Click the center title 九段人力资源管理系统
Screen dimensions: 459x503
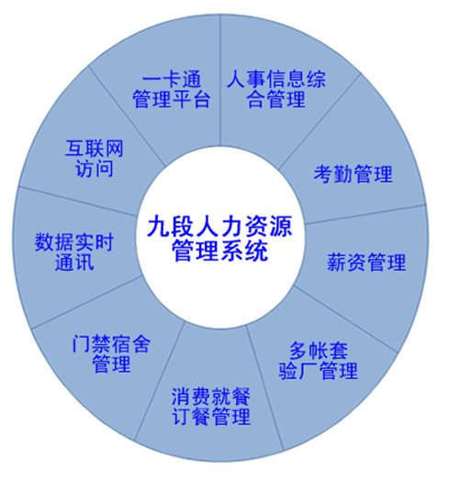[220, 239]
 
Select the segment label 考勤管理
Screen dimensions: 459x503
[353, 174]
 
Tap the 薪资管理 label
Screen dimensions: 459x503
[366, 263]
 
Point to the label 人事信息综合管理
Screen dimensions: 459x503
[276, 89]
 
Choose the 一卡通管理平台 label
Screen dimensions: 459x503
[172, 89]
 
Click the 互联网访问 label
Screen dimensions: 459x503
[95, 158]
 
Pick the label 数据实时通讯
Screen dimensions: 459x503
[74, 251]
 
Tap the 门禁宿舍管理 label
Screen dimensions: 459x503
[111, 353]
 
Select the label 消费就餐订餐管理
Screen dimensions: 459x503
[211, 406]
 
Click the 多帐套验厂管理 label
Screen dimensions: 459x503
[319, 361]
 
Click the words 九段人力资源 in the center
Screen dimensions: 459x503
[220, 227]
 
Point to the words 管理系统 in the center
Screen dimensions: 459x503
[220, 251]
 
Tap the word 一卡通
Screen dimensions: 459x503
[172, 79]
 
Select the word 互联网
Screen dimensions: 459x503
[95, 148]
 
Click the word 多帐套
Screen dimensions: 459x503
[319, 351]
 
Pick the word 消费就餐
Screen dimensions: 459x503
[211, 397]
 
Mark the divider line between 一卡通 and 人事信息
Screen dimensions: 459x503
[220, 80]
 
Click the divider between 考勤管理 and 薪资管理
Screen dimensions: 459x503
[365, 214]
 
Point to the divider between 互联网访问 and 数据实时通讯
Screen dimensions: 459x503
[77, 201]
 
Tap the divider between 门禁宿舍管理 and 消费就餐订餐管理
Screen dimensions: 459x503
[160, 381]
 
